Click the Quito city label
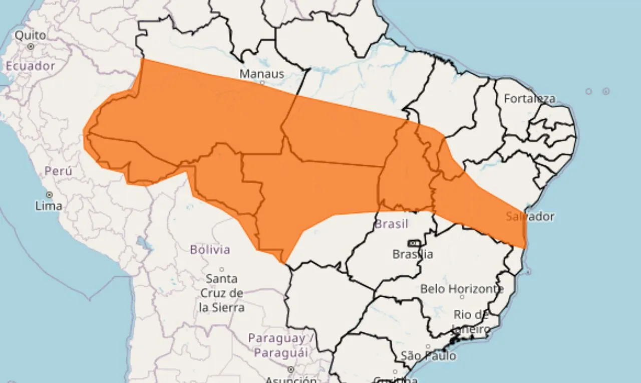coord(30,36)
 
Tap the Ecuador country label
coord(30,66)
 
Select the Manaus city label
coord(261,74)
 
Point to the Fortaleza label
coord(529,99)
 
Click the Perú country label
coord(58,171)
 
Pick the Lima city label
coord(49,206)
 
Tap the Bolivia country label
coord(210,249)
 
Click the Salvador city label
coord(530,217)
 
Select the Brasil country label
coord(391,224)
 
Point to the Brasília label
coord(413,254)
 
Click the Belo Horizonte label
coord(462,289)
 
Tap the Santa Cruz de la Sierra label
coord(221,293)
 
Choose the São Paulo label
coord(428,356)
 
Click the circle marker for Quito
coord(31,46)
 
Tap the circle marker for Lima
coord(49,195)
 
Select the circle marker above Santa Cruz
coord(221,269)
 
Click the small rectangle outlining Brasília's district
coord(414,244)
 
